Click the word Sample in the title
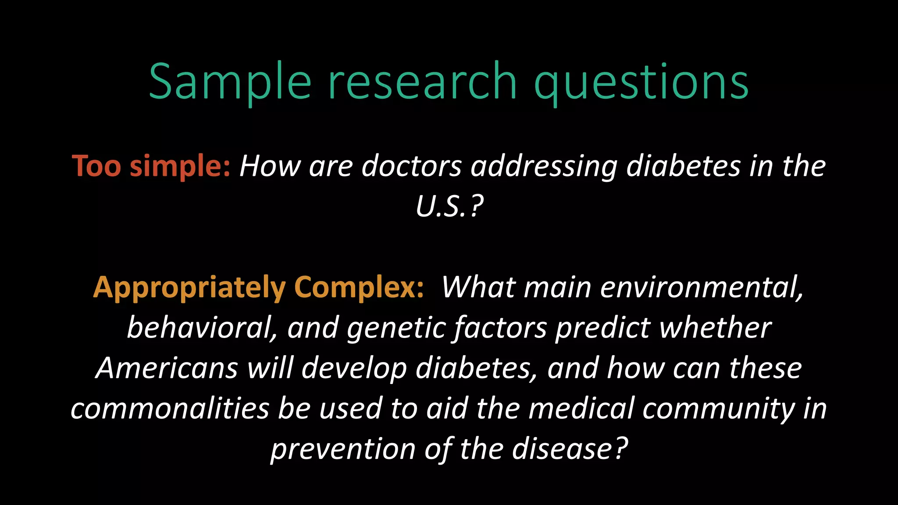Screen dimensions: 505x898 pos(230,82)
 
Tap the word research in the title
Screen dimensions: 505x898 pos(423,82)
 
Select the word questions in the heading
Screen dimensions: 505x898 pos(641,82)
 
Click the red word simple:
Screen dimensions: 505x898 pos(180,167)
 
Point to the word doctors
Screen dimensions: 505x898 pos(411,167)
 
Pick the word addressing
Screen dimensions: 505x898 pos(544,167)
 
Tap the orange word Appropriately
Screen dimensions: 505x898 pos(189,288)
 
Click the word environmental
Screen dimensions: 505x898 pos(702,288)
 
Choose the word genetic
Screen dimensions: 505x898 pos(396,328)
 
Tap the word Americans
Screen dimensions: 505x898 pos(167,368)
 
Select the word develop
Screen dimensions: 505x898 pos(354,368)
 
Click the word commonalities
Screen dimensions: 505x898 pos(170,409)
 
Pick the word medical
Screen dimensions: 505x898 pos(581,409)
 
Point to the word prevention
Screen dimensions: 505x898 pos(342,449)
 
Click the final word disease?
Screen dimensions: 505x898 pos(570,449)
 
